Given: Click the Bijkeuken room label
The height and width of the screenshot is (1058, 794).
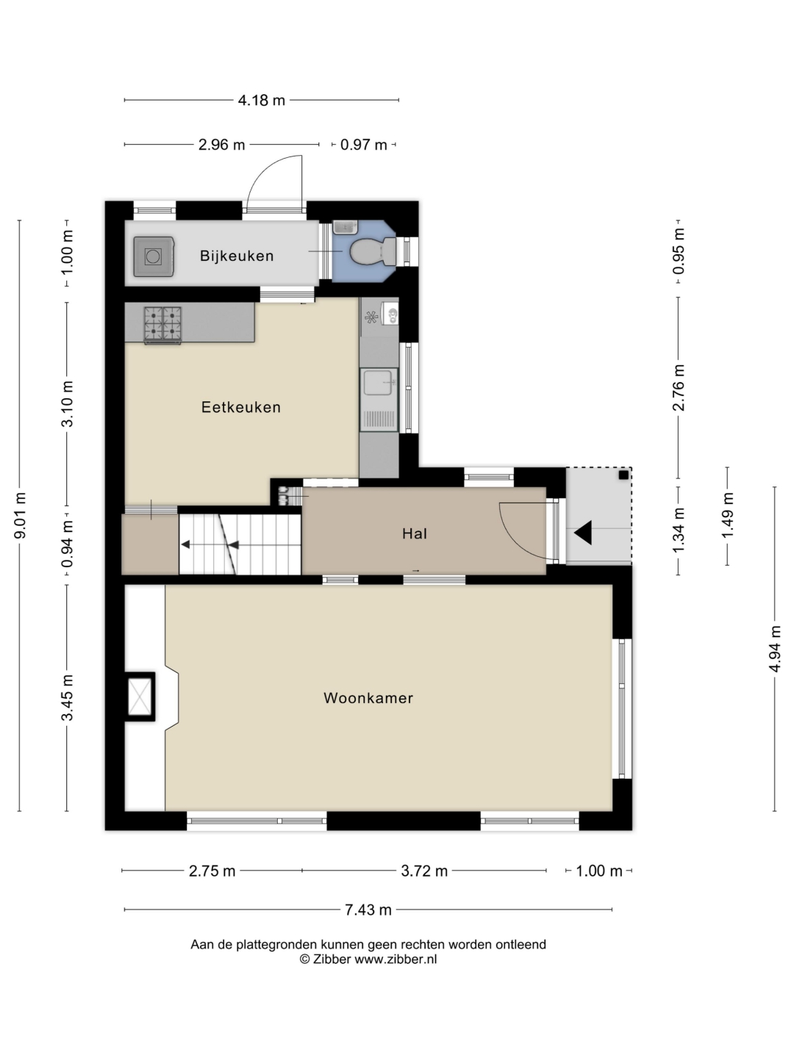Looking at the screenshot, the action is point(237,256).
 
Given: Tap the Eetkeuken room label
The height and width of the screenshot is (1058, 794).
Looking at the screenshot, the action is point(241,407).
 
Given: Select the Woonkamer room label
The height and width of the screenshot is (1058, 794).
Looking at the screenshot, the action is point(368,698).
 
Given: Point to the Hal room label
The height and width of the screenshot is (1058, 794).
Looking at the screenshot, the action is point(415,533).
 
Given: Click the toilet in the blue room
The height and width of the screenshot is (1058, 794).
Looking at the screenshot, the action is point(373,251).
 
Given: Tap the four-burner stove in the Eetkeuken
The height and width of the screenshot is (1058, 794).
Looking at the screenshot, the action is point(163,325).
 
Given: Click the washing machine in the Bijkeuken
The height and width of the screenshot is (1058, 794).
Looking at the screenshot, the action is point(154,256).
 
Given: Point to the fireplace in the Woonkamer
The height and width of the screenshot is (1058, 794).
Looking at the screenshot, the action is point(140,697).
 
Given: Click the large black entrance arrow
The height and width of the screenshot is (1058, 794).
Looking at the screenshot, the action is point(583,533).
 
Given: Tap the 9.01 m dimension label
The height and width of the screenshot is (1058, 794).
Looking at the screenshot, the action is point(20,516).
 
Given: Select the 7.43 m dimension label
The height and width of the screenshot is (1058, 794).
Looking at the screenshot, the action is point(368,910).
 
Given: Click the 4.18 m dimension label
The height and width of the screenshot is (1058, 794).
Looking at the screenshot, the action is point(261,100).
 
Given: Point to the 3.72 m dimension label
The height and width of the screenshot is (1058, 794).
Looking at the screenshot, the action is point(424,871).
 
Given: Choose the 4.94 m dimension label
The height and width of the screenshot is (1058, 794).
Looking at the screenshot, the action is point(775,648).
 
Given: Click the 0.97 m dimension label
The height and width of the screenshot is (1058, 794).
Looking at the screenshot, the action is point(363,145).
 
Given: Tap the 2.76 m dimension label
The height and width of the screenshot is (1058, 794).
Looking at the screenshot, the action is point(679,387).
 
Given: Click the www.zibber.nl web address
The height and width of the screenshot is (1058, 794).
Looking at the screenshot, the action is point(396,960).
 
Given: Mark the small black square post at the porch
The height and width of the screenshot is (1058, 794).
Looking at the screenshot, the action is point(624,475).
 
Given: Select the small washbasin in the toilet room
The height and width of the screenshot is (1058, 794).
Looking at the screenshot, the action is point(346,226).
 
